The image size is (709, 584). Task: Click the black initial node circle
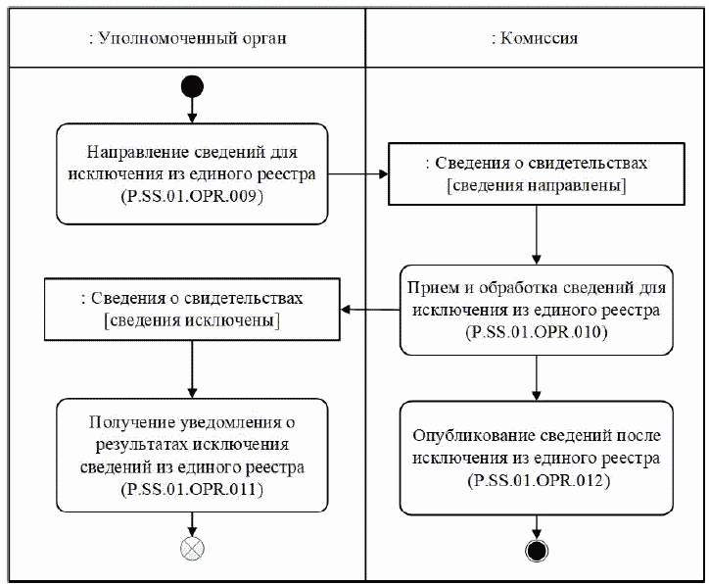pyautogui.click(x=192, y=87)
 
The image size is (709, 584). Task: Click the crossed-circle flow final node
pyautogui.click(x=192, y=549)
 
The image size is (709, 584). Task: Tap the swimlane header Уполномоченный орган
pyautogui.click(x=187, y=38)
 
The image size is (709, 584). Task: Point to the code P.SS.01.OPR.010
pyautogui.click(x=537, y=333)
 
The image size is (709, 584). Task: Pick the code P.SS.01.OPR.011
pyautogui.click(x=192, y=487)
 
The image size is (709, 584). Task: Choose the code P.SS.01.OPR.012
pyautogui.click(x=537, y=480)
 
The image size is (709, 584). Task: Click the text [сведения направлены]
pyautogui.click(x=537, y=185)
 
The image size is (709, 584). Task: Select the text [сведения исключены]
pyautogui.click(x=192, y=320)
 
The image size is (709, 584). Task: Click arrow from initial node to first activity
pyautogui.click(x=192, y=110)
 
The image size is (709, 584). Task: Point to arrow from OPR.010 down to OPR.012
pyautogui.click(x=537, y=376)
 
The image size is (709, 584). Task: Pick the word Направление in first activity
pyautogui.click(x=129, y=153)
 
